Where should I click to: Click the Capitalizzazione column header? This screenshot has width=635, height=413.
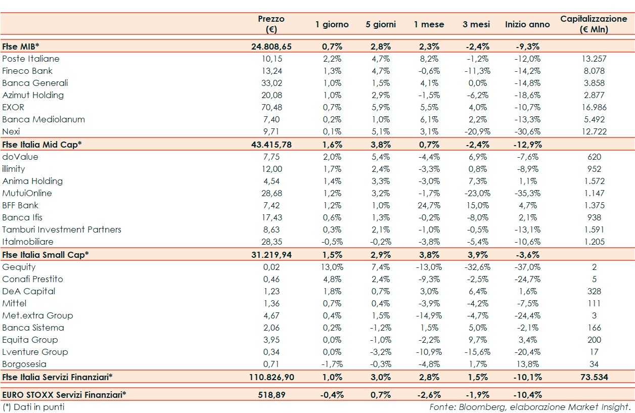click(594, 24)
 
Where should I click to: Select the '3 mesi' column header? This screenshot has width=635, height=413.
click(476, 24)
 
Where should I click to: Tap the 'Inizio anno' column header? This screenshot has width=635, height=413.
click(527, 24)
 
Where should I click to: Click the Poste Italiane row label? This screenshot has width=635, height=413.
click(31, 59)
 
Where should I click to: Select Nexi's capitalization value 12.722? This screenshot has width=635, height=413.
click(594, 131)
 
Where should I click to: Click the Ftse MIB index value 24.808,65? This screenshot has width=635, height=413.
click(271, 47)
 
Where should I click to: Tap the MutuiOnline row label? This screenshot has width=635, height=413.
click(27, 193)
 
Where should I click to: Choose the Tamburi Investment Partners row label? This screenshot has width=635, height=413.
click(62, 230)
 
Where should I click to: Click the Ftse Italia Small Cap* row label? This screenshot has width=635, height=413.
click(46, 254)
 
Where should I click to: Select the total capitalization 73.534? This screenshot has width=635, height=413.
click(594, 377)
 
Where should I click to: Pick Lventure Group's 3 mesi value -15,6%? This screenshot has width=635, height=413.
click(476, 352)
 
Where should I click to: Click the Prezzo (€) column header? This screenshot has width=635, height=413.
click(271, 24)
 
